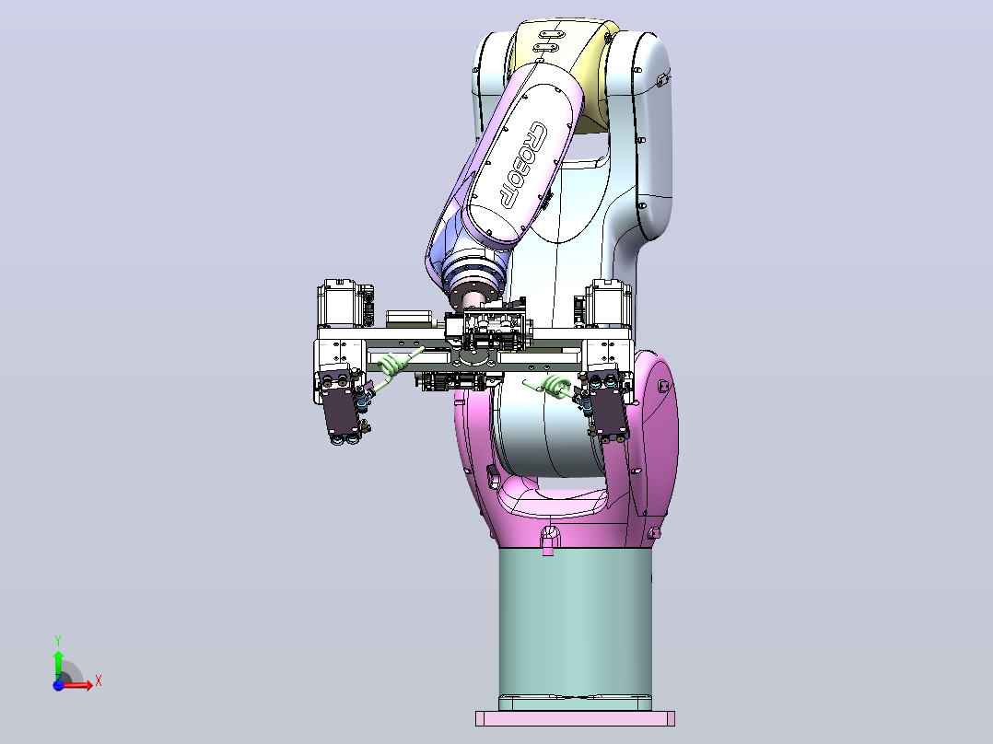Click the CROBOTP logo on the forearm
click(523, 165)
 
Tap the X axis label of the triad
click(99, 681)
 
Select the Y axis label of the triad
click(58, 640)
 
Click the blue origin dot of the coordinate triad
click(58, 685)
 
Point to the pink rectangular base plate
click(575, 718)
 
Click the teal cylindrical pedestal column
click(575, 627)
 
